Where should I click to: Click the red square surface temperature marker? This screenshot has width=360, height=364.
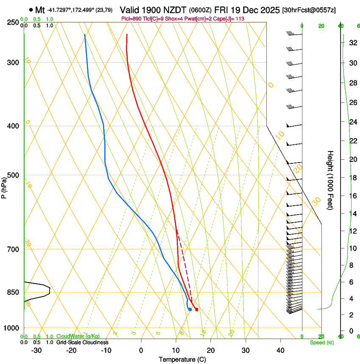point(197,309)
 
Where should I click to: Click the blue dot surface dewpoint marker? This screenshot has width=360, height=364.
point(190,309)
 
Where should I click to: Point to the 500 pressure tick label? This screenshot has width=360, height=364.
point(14,175)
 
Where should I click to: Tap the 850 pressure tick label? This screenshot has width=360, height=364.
point(14,292)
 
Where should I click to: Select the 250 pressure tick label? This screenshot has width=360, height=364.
point(14,22)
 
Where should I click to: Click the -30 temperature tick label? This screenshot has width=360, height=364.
point(36,350)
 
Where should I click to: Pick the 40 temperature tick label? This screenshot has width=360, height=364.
point(280,350)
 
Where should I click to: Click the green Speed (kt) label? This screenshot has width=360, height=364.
point(321,342)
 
